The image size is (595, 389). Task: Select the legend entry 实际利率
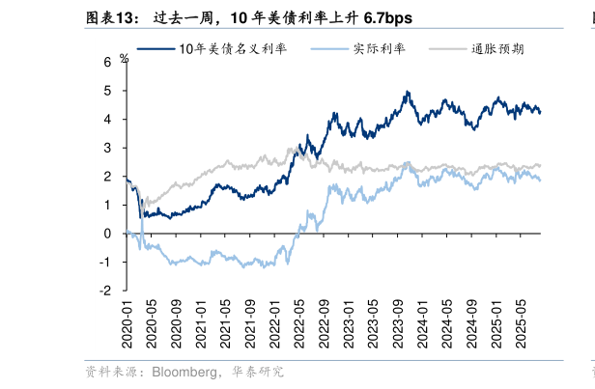click(x=373, y=48)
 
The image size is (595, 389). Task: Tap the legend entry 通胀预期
click(x=497, y=48)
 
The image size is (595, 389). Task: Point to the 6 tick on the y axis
click(x=108, y=62)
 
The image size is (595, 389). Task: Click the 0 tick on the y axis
click(x=108, y=233)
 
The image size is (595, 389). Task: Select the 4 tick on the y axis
click(x=108, y=119)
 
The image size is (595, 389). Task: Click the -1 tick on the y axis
click(x=106, y=262)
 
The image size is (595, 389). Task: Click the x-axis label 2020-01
click(x=127, y=326)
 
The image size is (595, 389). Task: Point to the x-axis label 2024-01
click(x=423, y=326)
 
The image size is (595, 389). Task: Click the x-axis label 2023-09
click(x=398, y=326)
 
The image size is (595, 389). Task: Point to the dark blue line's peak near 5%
click(x=408, y=93)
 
